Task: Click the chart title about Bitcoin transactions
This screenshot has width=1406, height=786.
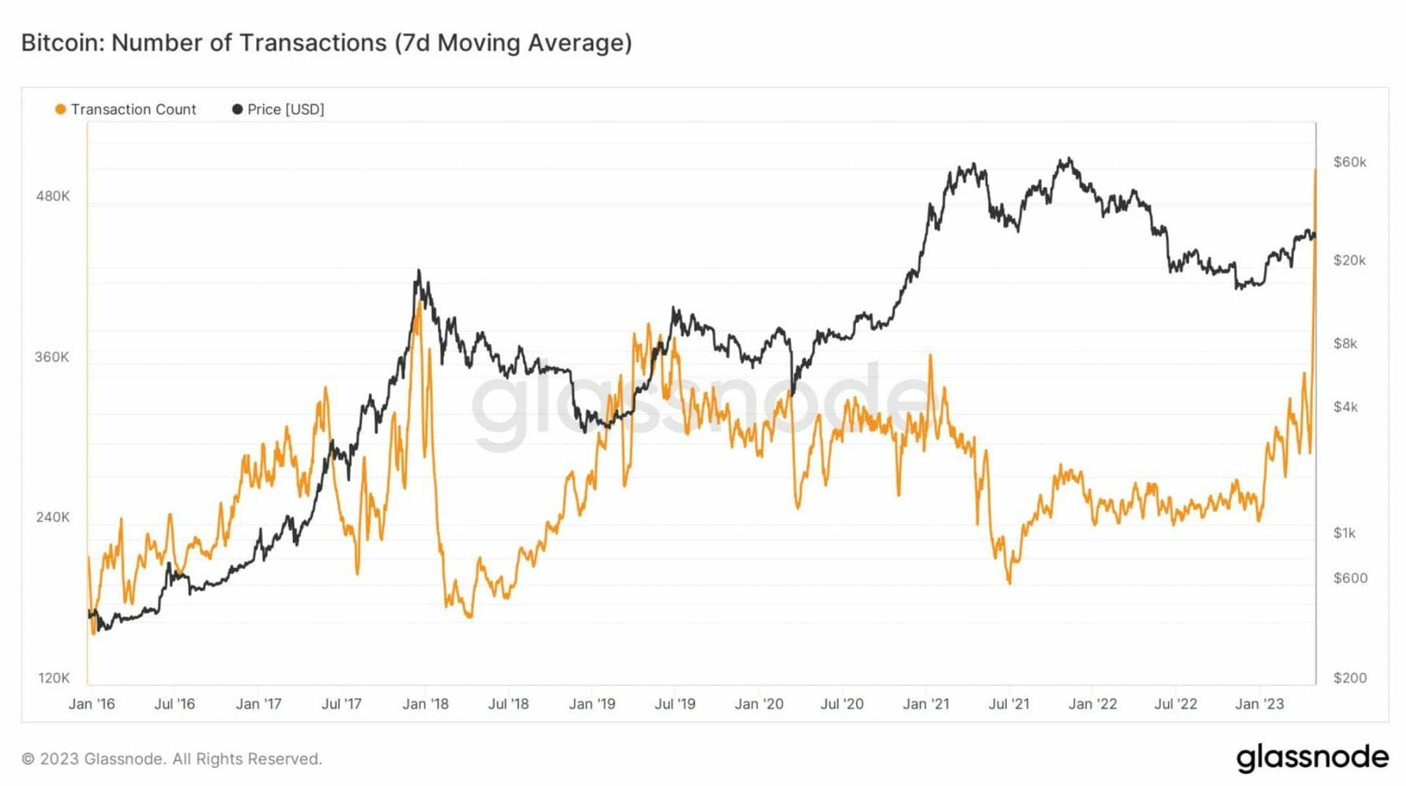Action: point(326,42)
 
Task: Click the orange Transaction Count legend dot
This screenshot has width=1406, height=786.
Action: point(61,109)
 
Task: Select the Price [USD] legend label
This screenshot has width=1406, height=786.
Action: point(286,109)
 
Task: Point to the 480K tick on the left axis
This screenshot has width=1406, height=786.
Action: point(53,196)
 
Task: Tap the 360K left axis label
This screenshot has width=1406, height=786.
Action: point(52,357)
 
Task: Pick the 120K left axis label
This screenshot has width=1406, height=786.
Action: point(53,678)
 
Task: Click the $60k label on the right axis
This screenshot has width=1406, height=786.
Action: point(1350,162)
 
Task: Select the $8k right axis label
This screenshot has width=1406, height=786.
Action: point(1345,343)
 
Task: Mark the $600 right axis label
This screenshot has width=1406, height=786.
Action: point(1350,578)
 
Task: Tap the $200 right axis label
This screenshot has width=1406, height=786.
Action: point(1350,678)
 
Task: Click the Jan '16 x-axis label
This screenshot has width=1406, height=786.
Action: point(92,704)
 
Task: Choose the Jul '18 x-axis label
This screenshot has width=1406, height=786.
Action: point(508,704)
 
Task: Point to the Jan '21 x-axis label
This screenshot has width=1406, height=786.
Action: point(926,704)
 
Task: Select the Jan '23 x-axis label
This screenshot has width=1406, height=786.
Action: point(1260,704)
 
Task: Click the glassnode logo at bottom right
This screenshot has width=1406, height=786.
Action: point(1312,758)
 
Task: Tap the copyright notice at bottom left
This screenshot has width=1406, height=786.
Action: point(171,759)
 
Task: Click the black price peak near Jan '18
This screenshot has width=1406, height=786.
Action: point(419,271)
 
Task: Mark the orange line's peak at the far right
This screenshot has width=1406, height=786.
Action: point(1315,170)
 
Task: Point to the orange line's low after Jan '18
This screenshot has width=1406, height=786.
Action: point(469,617)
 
